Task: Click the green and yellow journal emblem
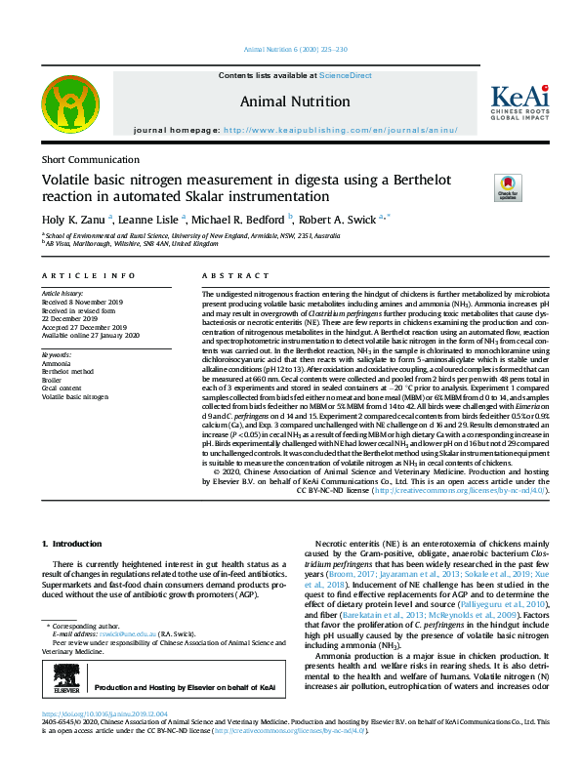click(x=69, y=107)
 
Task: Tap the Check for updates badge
click(x=507, y=186)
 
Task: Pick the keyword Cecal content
click(x=62, y=387)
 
